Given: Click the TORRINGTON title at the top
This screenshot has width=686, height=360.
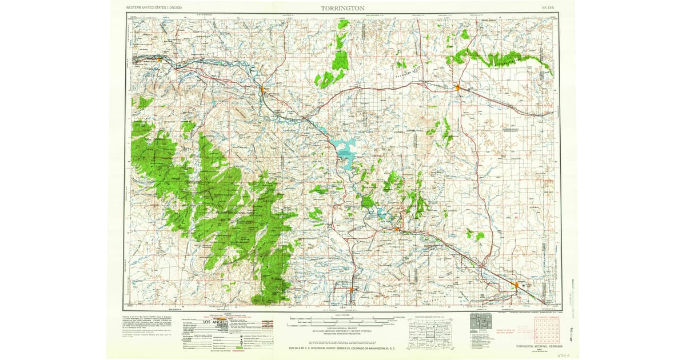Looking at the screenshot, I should (342, 9).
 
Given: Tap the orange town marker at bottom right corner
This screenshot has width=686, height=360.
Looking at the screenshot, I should (516, 284).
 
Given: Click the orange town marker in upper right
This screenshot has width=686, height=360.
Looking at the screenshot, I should (457, 87).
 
